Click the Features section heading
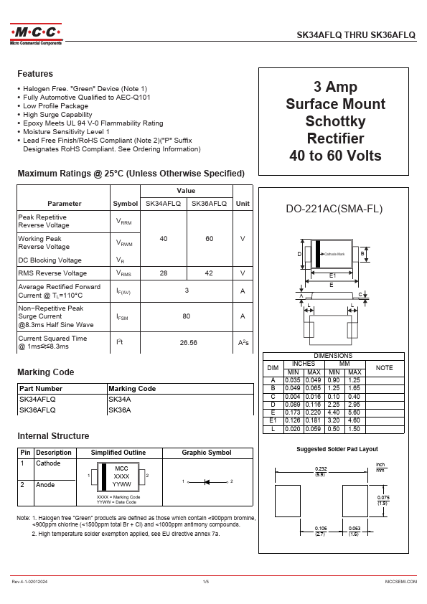[35, 74]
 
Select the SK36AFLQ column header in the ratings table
[209, 204]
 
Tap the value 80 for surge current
[187, 316]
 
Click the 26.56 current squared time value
[188, 343]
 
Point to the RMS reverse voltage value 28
[164, 273]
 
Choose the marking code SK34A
[119, 399]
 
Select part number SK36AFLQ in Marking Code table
[37, 410]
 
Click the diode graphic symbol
[207, 481]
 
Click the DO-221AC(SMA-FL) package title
[334, 209]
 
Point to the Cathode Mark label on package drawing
[334, 255]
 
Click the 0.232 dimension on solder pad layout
[322, 468]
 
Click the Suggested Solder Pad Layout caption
[337, 449]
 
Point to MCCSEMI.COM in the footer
[400, 581]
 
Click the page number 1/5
[206, 581]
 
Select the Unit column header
[243, 204]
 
